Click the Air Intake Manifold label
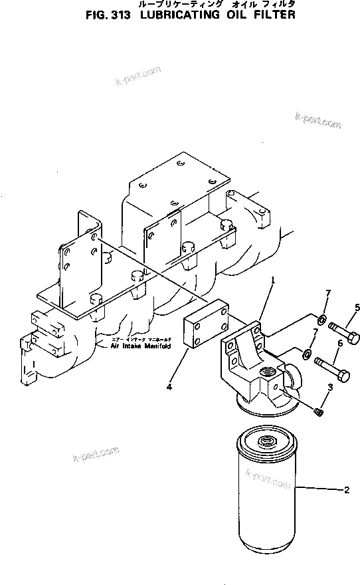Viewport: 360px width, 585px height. point(141,346)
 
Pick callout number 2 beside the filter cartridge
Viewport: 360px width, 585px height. point(346,491)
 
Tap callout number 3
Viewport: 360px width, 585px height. point(329,388)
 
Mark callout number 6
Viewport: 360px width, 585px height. point(339,343)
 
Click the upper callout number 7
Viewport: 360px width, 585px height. point(326,294)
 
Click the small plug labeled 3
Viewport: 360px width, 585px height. point(319,413)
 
